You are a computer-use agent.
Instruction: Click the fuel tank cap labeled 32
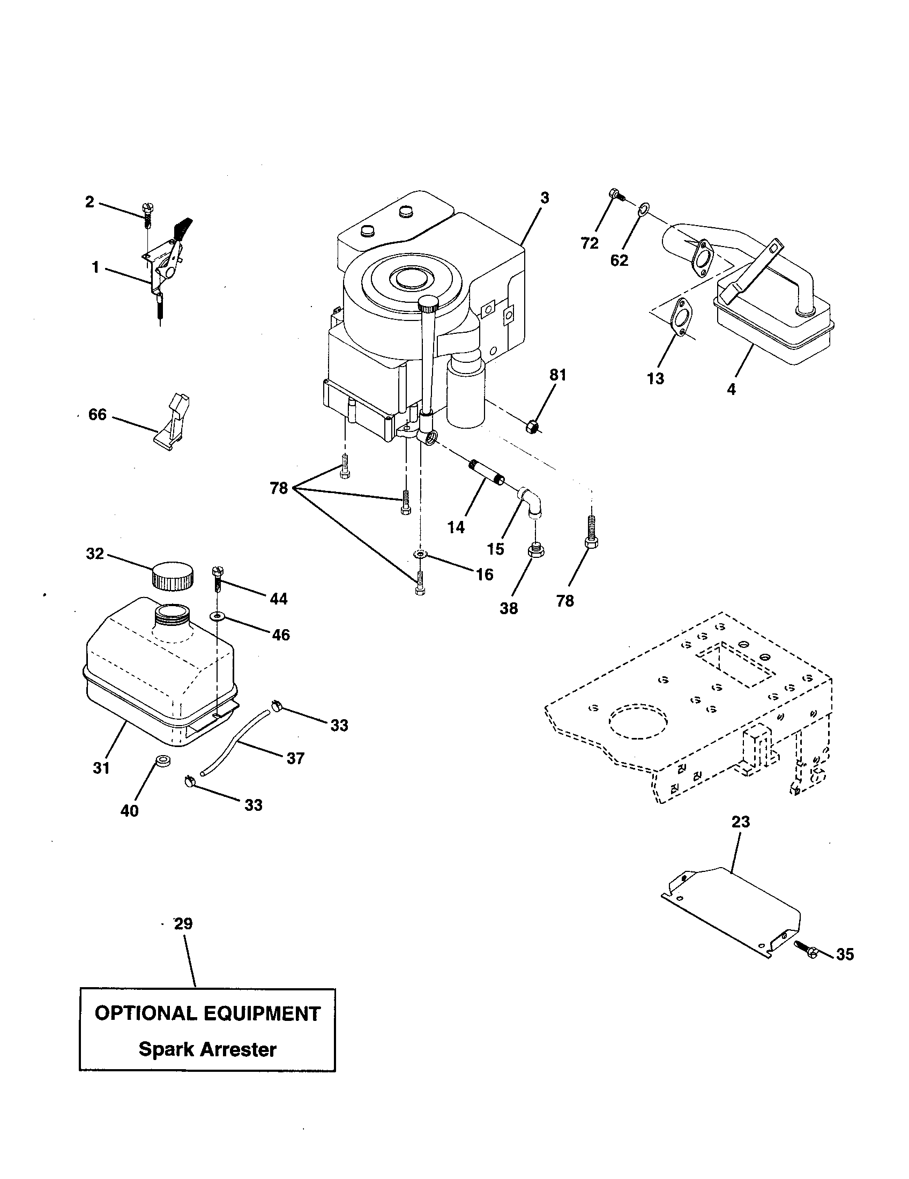(x=173, y=576)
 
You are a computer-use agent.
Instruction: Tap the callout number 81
(x=557, y=375)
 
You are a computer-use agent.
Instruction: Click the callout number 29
(x=183, y=924)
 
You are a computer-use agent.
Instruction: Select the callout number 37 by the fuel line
(x=295, y=758)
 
